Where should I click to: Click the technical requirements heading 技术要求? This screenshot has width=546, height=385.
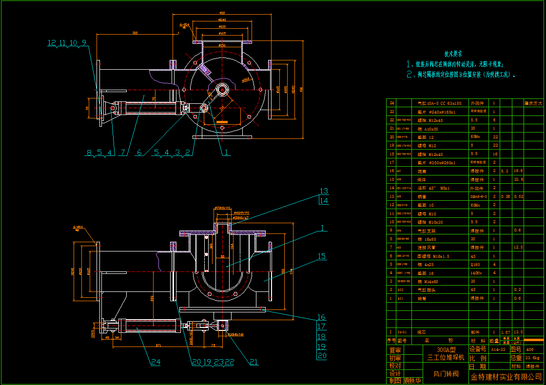click(453, 54)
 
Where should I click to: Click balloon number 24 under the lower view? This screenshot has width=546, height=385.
click(156, 362)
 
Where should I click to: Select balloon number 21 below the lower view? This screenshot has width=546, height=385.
click(253, 362)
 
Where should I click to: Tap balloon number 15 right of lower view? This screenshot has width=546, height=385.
click(322, 256)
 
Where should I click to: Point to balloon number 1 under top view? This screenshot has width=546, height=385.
click(225, 152)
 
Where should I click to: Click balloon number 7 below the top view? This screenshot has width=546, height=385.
click(123, 152)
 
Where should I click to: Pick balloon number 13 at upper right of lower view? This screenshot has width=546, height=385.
click(324, 191)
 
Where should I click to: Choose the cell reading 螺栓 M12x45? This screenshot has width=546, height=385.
click(429, 120)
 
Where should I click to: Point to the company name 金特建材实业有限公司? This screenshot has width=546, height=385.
click(506, 377)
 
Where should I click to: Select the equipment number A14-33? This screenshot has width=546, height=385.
click(498, 349)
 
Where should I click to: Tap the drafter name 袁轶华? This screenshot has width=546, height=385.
click(412, 381)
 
